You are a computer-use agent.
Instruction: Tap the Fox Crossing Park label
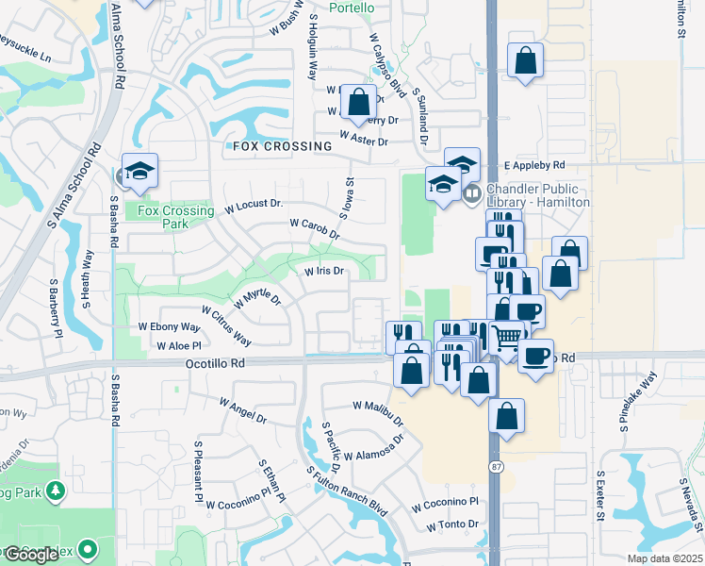click(162, 217)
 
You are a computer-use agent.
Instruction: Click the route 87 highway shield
click(495, 467)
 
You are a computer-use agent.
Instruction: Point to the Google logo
click(31, 555)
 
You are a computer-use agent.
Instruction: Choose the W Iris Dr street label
click(322, 271)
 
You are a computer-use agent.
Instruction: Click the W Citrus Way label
click(226, 325)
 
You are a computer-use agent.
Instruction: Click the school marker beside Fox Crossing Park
click(139, 170)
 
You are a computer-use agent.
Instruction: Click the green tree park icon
click(57, 491)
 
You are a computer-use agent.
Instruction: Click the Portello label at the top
click(352, 8)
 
